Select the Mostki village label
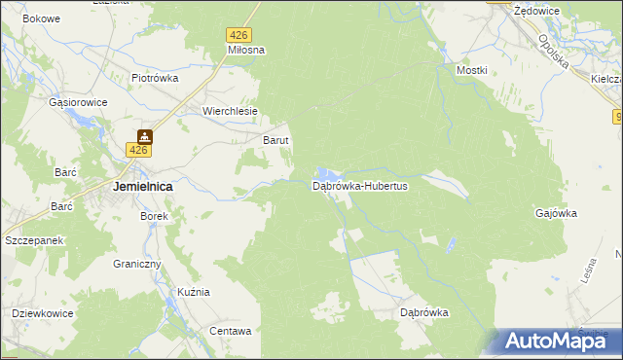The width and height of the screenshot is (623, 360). [x=471, y=71]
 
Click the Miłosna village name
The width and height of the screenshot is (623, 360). [x=246, y=50]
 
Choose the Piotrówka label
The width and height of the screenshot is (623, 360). [x=155, y=79]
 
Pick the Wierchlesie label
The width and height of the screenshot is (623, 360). [x=230, y=111]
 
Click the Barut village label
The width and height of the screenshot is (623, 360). [x=276, y=140]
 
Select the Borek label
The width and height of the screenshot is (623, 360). [x=155, y=216]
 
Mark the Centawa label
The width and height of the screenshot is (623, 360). [x=231, y=331]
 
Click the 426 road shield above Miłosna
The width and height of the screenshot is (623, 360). [x=238, y=34]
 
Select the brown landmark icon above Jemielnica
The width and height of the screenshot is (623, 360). [x=144, y=136]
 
